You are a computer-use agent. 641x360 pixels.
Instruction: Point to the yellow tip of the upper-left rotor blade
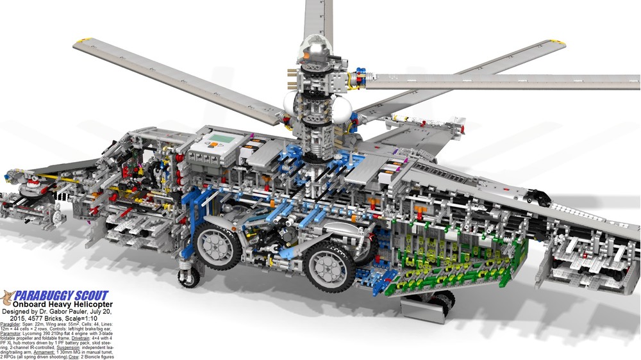pos(81,42)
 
